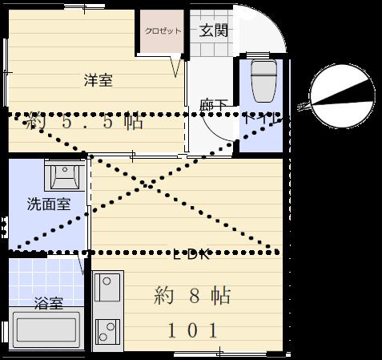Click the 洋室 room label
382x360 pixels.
click(98, 80)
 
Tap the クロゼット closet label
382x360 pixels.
click(163, 32)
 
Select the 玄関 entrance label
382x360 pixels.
click(213, 31)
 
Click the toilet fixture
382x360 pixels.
click(261, 81)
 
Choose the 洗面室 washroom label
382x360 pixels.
click(48, 204)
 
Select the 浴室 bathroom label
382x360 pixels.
click(49, 304)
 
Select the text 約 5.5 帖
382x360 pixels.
click(84, 123)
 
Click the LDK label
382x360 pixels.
click(192, 256)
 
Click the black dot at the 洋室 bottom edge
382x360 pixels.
click(84, 153)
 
